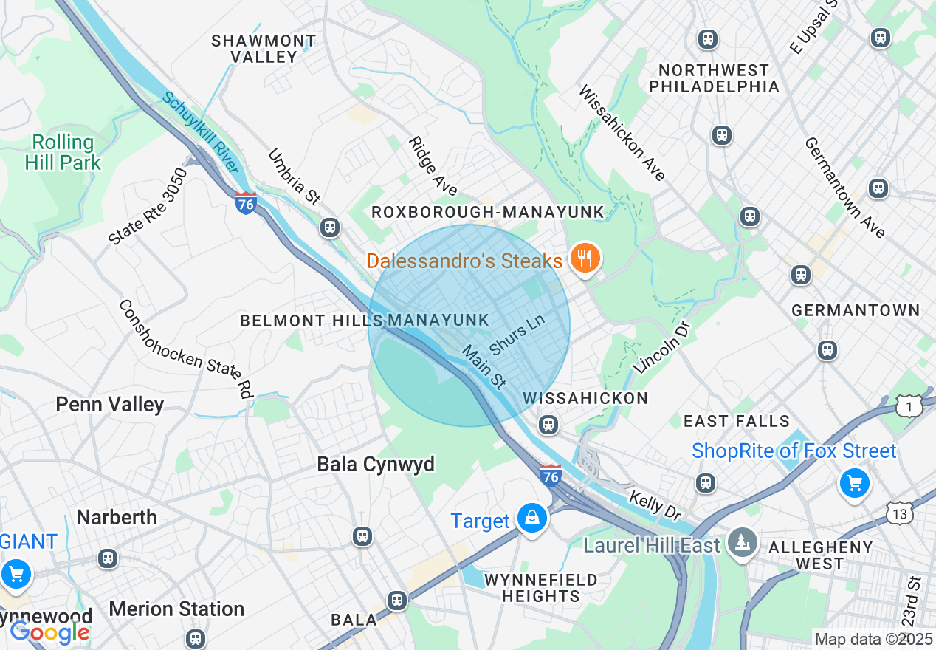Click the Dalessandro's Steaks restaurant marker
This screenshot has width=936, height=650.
585,259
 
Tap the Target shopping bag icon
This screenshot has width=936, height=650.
531,519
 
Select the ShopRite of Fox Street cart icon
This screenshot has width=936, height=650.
854,484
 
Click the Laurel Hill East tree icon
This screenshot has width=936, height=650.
740,544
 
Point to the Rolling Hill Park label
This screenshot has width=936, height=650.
63,152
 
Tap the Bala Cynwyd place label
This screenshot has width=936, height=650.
376,464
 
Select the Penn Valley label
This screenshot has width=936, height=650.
110,404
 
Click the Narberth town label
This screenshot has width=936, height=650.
117,517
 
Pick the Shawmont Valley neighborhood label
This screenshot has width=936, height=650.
264,48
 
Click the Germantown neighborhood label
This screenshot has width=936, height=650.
856,310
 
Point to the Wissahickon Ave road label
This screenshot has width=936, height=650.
622,133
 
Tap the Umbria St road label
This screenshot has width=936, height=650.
294,177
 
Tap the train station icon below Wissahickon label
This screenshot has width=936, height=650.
548,424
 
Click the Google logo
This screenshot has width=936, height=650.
49,632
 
